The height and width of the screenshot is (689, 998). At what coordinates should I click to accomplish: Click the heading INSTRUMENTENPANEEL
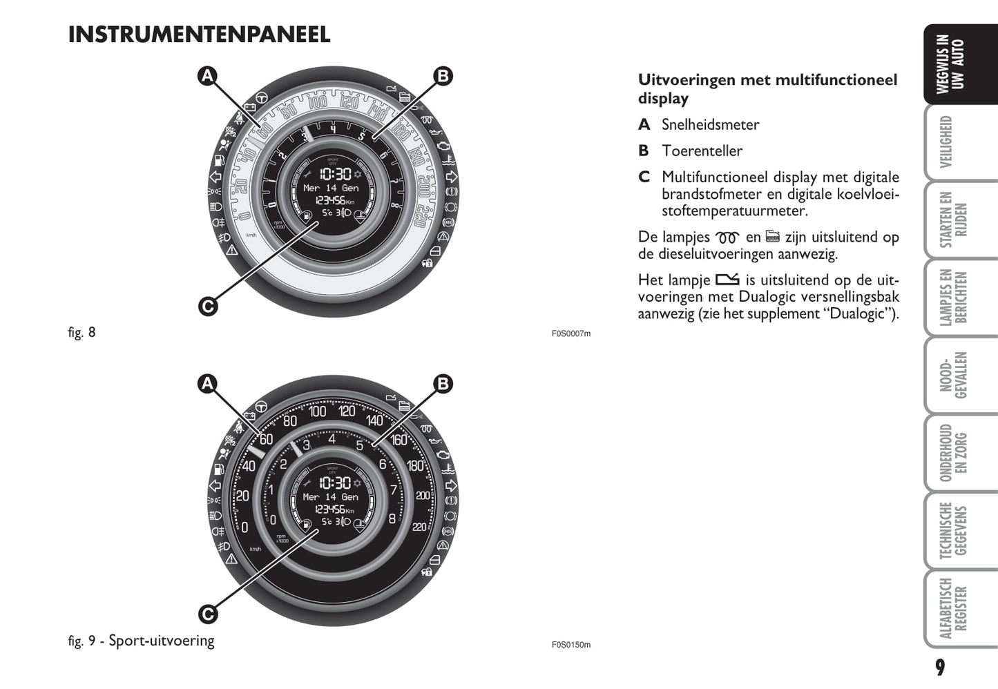199,35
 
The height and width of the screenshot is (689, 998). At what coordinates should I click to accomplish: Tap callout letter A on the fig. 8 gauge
208,76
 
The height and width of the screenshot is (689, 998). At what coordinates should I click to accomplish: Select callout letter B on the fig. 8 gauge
443,76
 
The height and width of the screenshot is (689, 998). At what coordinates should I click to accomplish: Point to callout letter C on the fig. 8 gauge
208,305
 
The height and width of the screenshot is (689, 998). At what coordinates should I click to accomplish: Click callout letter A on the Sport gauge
208,384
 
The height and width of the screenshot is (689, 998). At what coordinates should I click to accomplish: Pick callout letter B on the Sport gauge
443,384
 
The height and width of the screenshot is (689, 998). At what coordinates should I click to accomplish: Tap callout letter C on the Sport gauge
208,613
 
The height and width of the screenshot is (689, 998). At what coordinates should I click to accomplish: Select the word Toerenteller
702,151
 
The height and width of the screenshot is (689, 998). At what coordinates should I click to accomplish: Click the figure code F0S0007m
570,333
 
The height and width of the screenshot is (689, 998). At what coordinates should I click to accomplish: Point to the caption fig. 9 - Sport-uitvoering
141,641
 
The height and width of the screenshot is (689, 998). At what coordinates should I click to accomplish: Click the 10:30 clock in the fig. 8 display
335,174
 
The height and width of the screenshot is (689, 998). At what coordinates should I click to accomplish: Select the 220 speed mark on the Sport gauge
419,527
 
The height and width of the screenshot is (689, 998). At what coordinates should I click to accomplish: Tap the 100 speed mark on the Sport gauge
317,412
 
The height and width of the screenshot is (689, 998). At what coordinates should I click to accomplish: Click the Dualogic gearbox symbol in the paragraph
727,280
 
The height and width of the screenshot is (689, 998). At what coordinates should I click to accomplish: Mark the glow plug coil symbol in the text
727,237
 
